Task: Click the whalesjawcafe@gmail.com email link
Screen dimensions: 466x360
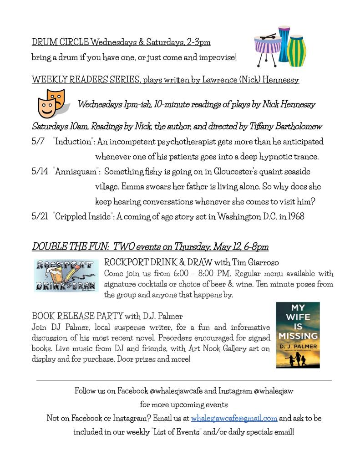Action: pos(234,418)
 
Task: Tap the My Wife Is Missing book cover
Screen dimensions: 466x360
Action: pos(298,335)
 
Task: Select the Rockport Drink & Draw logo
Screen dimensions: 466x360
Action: pos(66,276)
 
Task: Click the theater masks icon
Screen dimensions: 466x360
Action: pos(51,103)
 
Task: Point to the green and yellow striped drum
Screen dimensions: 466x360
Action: pos(297,50)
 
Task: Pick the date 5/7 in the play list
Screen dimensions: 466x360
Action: pos(38,142)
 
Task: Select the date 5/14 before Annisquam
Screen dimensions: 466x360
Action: pos(40,172)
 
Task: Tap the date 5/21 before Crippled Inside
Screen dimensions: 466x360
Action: pos(40,216)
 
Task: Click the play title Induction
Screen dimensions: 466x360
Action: pos(73,142)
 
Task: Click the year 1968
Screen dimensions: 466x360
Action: pos(294,216)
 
